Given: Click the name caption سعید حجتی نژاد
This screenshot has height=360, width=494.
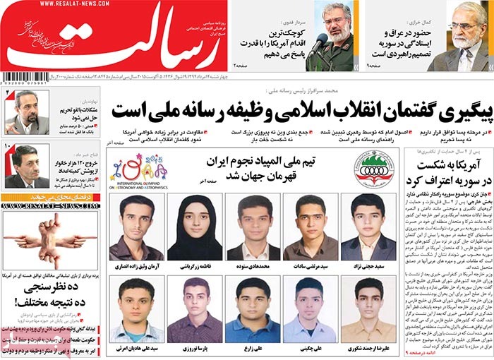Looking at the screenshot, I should (373, 266).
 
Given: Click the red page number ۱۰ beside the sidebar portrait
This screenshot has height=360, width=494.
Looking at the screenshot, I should (8, 147).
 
